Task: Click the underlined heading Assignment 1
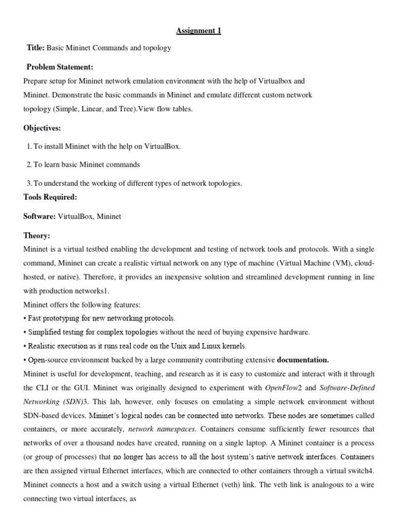pyautogui.click(x=198, y=31)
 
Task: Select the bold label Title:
pyautogui.click(x=36, y=48)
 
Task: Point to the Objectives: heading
pyautogui.click(x=42, y=128)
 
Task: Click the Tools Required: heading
pyautogui.click(x=50, y=197)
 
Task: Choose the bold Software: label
pyautogui.click(x=39, y=216)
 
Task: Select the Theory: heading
pyautogui.click(x=37, y=235)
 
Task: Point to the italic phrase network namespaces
pyautogui.click(x=162, y=429)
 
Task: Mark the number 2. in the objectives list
pyautogui.click(x=30, y=165)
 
